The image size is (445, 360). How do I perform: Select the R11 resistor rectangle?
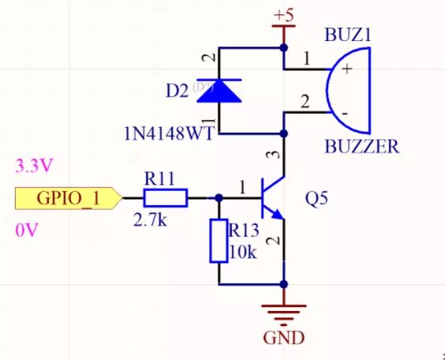(164, 197)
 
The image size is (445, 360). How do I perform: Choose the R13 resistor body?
(219, 242)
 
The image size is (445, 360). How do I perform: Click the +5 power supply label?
(283, 16)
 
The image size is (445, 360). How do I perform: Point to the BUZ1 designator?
(347, 36)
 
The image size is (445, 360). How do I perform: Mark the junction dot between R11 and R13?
(219, 197)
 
